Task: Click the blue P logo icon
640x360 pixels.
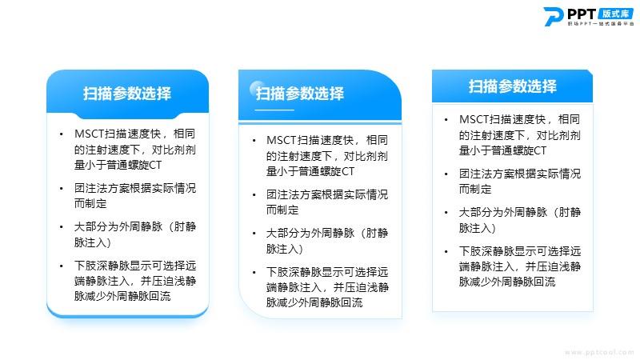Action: click(x=554, y=16)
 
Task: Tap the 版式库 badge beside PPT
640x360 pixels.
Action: click(x=616, y=14)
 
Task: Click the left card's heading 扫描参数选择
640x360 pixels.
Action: click(x=127, y=94)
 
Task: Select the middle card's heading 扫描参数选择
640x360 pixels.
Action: click(x=300, y=94)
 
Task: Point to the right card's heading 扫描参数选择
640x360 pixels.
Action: click(x=513, y=86)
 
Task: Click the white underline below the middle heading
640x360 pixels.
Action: click(x=274, y=110)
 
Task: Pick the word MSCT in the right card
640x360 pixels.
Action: click(x=474, y=119)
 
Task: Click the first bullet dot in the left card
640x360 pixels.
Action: click(x=62, y=134)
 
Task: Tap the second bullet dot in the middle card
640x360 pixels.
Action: click(x=254, y=194)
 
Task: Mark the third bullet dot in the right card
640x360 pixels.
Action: click(x=446, y=212)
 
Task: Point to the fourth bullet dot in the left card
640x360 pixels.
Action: click(x=62, y=266)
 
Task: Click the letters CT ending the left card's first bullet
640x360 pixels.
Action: click(x=155, y=165)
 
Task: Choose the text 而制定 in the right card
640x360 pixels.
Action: click(x=475, y=189)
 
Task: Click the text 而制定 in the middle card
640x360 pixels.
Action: click(x=282, y=210)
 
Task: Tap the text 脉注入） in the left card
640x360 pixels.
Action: click(x=93, y=242)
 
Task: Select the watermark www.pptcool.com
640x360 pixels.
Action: click(x=599, y=352)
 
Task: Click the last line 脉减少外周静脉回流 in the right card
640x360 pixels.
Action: click(x=507, y=282)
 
